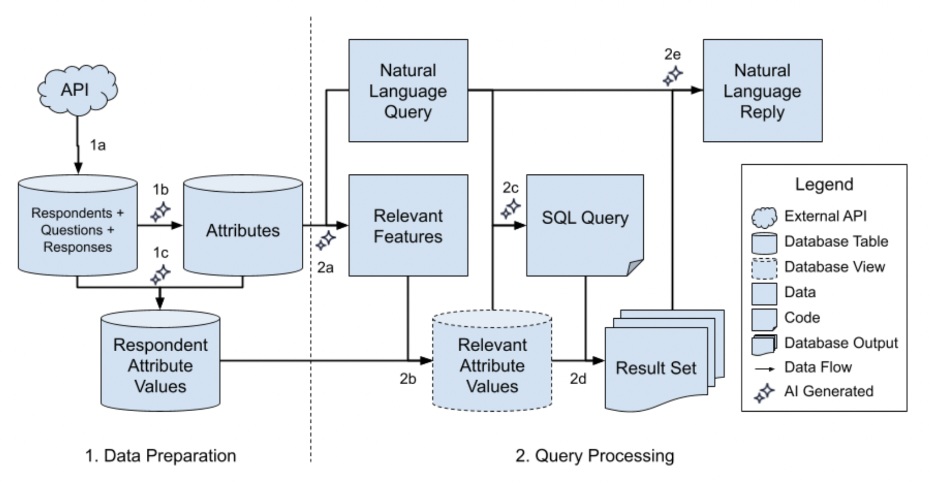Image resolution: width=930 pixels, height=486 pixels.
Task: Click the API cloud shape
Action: point(77,90)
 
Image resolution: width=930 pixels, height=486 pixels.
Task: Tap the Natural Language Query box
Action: point(408,90)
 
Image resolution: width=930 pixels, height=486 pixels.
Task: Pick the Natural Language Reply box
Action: point(762,90)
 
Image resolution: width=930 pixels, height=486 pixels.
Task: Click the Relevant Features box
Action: point(408,226)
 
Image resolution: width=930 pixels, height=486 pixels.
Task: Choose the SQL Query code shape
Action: point(585,225)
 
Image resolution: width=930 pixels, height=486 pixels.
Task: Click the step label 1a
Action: point(97,145)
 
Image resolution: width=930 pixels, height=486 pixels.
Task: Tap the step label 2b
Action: point(408,379)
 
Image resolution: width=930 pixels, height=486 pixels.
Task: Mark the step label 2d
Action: point(578,379)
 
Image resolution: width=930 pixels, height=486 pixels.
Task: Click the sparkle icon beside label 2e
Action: point(673,76)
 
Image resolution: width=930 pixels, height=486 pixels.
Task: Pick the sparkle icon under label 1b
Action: point(161,212)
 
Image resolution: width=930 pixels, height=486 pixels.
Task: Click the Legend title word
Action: point(824,184)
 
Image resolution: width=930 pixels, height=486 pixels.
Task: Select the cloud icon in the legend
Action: point(764,217)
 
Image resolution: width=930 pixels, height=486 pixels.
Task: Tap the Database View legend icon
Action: point(764,268)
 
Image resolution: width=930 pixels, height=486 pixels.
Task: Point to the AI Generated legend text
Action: point(829,391)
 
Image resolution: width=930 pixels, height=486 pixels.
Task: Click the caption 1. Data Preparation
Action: point(161,456)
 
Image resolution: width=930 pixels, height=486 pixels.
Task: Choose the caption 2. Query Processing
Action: point(594,456)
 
